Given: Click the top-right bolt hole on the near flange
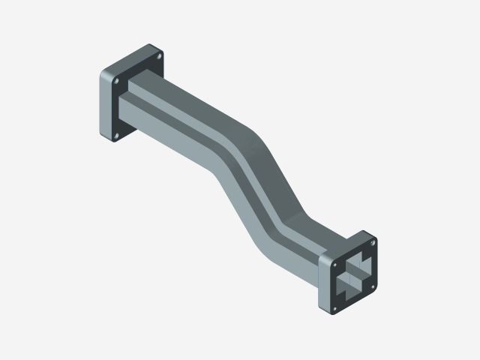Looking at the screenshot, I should pos(370,242).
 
